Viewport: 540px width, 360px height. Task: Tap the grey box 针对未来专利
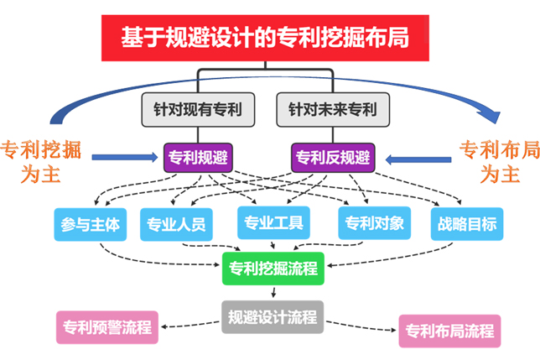[x=332, y=109]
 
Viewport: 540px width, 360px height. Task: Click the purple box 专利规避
[x=198, y=157]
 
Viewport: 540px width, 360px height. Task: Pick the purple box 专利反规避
[x=333, y=157]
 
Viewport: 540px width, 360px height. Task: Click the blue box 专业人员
[x=176, y=224]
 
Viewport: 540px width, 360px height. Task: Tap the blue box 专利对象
[x=374, y=223]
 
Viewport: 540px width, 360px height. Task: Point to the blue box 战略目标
[x=466, y=224]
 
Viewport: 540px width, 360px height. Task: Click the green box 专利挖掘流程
[x=273, y=269]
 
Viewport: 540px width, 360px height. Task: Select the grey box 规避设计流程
[x=273, y=316]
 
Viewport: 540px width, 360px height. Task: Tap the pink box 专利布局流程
[x=449, y=330]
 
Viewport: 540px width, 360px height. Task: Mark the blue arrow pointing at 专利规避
[x=126, y=157]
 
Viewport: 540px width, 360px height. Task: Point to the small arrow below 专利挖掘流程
[x=273, y=292]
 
